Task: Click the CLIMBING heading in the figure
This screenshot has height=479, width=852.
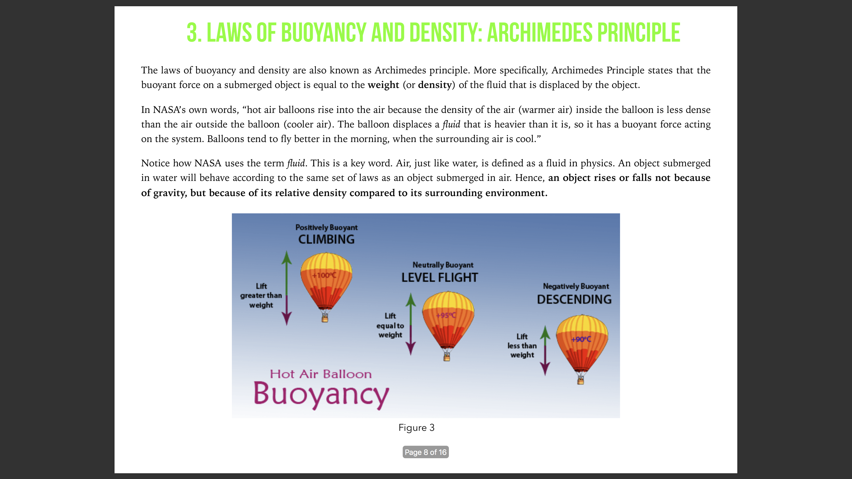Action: click(x=326, y=239)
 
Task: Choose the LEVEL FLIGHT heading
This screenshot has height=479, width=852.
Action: click(x=440, y=277)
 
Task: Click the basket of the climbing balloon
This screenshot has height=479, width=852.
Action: click(x=325, y=318)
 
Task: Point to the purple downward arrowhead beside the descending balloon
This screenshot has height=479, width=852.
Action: click(x=545, y=369)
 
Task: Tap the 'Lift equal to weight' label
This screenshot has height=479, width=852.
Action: click(x=390, y=325)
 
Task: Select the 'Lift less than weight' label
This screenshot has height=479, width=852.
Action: click(x=522, y=346)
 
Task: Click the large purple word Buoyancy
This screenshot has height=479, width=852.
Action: click(x=321, y=394)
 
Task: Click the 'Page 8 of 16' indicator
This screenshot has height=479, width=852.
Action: click(x=425, y=452)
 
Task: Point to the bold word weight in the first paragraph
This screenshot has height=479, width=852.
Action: click(x=383, y=85)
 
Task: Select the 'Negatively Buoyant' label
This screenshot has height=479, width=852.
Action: click(x=576, y=286)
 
